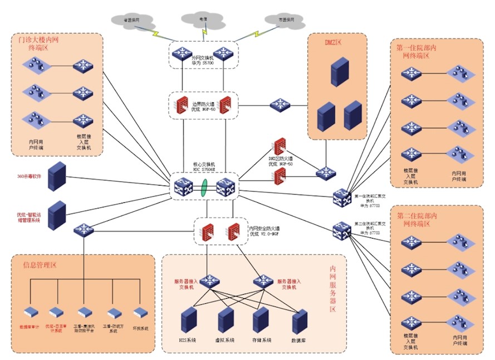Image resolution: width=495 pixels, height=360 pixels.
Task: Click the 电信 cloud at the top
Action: point(204,20)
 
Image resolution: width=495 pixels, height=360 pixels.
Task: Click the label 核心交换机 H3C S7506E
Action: point(204,167)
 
